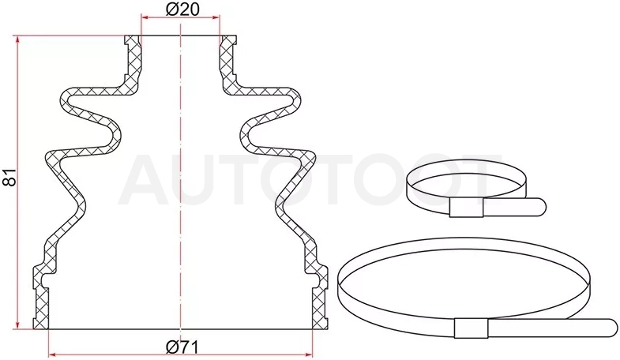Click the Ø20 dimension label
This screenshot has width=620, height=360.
point(182,9)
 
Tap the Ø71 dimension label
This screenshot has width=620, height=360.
point(182,347)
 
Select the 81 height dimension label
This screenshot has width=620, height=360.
point(9,177)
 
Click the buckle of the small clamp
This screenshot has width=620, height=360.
point(467,208)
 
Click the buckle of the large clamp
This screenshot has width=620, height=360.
point(471,328)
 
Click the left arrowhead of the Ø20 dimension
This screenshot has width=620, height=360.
point(145,17)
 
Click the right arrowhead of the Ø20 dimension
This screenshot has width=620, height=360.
point(216,17)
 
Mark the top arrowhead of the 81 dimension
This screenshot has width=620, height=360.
point(17,39)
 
